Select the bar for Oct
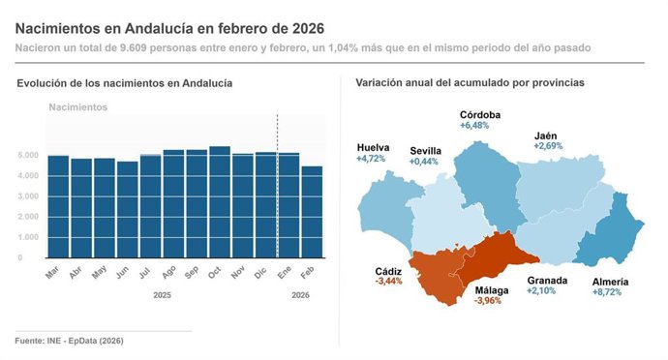220,202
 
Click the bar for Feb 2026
312,212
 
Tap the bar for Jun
127,209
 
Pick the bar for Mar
58,206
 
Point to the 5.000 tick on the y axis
27,156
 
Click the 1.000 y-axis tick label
27,237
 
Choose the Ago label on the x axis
172,274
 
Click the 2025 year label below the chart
164,294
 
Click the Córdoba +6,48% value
478,126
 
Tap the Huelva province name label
374,147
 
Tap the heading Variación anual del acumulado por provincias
470,83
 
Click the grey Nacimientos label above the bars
78,106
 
